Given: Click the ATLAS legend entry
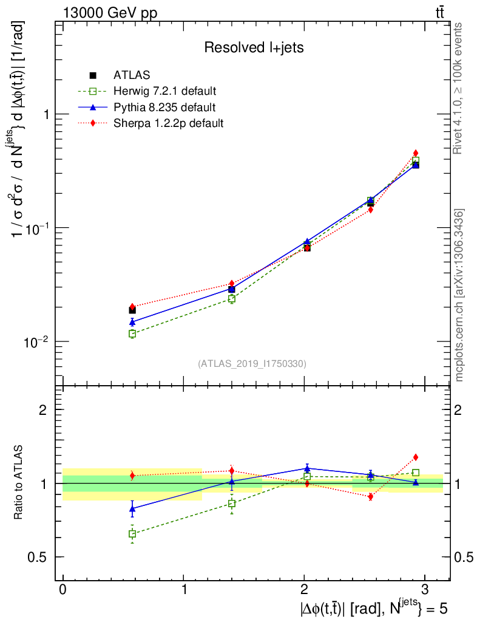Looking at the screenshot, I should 128,75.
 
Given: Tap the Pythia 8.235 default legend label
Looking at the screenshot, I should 164,108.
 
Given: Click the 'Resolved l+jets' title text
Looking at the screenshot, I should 254,47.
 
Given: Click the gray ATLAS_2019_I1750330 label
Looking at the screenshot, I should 252,364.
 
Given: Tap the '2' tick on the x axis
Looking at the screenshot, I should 304,589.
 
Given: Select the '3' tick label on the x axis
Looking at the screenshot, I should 424,589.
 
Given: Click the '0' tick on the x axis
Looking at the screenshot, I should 63,589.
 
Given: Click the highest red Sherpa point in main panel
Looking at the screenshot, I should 416,153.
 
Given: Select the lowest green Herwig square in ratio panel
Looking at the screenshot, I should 132,534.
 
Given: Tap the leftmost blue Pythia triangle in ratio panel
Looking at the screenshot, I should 132,508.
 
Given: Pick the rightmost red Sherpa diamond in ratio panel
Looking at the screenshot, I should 416,457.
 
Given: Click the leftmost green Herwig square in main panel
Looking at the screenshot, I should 132,333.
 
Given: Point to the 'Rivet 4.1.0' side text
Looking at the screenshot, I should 459,88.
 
